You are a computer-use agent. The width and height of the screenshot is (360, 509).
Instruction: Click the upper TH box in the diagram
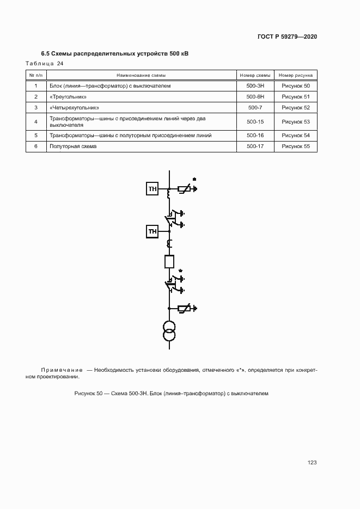tap(152, 189)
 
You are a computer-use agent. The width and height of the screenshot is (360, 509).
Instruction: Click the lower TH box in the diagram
tap(152, 232)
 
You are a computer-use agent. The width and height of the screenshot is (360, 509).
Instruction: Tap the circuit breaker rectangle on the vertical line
tap(169, 261)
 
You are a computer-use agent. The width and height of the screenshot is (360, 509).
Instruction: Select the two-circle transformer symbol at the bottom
tap(169, 332)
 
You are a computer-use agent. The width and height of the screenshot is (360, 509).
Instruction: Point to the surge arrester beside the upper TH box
tap(185, 189)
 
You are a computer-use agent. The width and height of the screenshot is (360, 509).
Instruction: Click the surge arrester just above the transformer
tap(185, 309)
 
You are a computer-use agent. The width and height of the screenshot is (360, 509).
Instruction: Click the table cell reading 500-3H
tap(255, 86)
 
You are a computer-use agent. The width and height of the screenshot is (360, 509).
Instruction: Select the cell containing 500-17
tap(255, 146)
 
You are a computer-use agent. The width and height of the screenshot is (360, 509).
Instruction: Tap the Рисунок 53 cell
tap(295, 121)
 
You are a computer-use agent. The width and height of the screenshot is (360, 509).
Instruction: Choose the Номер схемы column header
tap(255, 75)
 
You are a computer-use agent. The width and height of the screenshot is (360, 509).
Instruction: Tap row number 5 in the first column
tap(36, 135)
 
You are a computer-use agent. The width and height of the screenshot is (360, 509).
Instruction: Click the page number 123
tap(312, 463)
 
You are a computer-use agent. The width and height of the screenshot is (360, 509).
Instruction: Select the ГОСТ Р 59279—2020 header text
tap(287, 37)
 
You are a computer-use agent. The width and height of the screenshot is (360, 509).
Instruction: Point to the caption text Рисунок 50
tap(88, 393)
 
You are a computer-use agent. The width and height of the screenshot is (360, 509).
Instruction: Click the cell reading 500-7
tap(255, 108)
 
